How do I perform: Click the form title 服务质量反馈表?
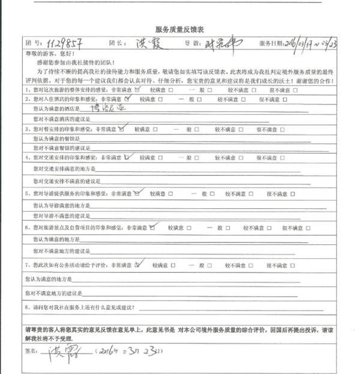pyautogui.click(x=180, y=28)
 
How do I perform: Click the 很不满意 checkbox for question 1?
pyautogui.click(x=296, y=89)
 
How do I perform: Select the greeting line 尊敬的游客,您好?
pyautogui.click(x=40, y=53)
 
